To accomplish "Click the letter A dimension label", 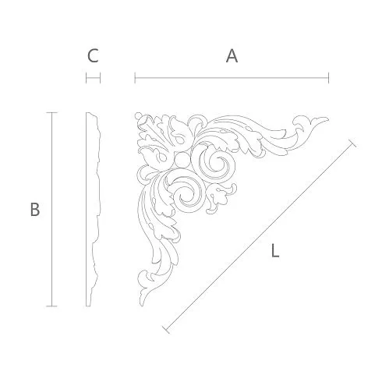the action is (x=232, y=56).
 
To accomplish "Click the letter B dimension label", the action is (x=35, y=210).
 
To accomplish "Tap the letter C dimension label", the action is (x=93, y=56).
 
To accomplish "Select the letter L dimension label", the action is (x=275, y=251).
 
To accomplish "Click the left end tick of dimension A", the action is (x=135, y=78).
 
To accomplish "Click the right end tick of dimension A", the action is (x=328, y=78).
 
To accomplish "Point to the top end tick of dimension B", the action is (x=51, y=113).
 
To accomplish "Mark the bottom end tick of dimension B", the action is (x=51, y=306).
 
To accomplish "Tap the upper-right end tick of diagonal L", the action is (x=352, y=143).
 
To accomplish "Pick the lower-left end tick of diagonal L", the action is (x=166, y=330).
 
